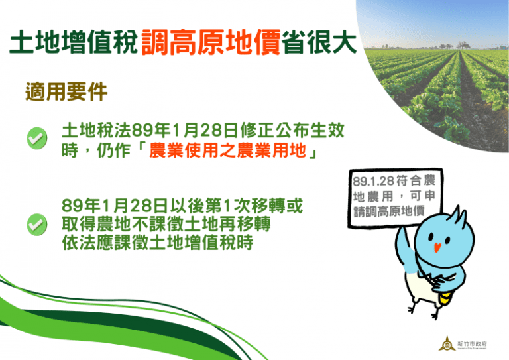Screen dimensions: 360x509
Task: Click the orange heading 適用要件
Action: pos(66,91)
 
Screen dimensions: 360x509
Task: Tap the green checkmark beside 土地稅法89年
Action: pos(36,139)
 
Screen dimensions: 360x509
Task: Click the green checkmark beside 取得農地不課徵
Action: pos(36,224)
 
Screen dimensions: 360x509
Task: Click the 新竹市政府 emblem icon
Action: pos(445,344)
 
